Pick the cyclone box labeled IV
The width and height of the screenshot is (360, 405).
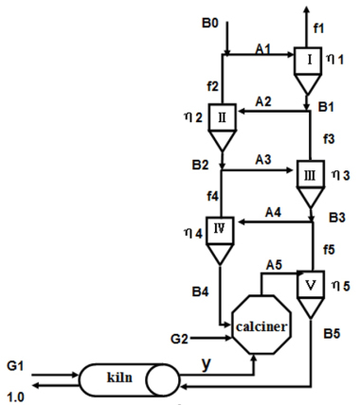coord(222,230)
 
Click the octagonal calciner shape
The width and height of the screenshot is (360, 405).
coord(261,326)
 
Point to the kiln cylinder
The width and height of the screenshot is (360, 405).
coord(130,380)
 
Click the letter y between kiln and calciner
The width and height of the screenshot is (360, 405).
coord(207,362)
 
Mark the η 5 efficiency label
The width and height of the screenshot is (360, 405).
coord(342,283)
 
